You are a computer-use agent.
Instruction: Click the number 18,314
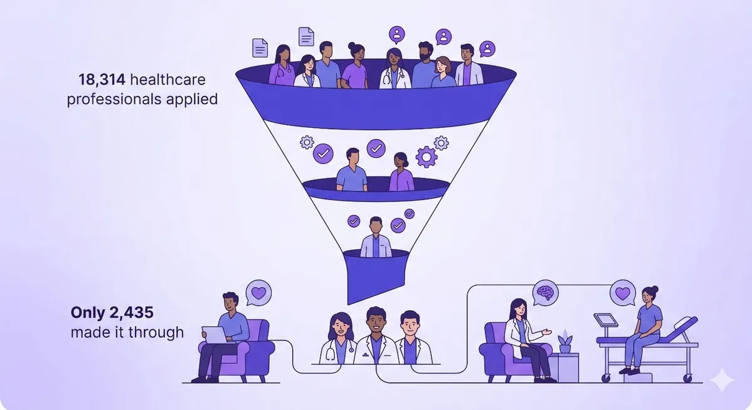pos(102,80)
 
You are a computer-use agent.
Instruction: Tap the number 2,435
pos(132,313)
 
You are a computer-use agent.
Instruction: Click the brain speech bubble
pos(545,293)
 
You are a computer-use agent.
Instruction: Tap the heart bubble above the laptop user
pos(258,293)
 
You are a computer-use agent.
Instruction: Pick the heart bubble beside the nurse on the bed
pos(623,293)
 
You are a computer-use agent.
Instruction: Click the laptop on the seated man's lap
pos(215,335)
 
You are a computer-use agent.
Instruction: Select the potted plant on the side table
pos(566,342)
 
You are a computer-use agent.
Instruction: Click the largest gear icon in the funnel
pos(426,157)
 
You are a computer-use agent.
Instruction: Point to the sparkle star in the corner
pos(722,381)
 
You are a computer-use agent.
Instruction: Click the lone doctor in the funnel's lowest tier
pos(376,238)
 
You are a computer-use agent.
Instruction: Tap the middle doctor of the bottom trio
pos(376,335)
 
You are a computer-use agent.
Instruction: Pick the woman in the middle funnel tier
pos(401,172)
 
